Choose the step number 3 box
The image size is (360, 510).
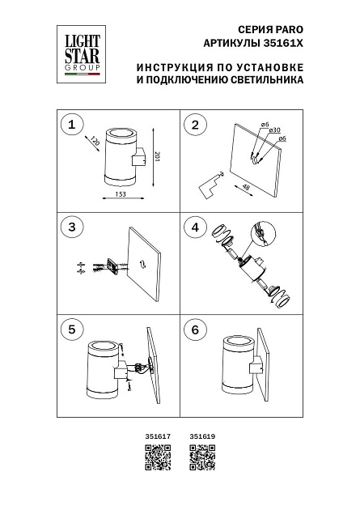pyautogui.click(x=73, y=227)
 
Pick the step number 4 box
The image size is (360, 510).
pyautogui.click(x=194, y=227)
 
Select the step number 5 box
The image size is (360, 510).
pyautogui.click(x=73, y=329)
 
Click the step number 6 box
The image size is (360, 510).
pyautogui.click(x=194, y=329)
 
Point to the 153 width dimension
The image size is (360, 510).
pyautogui.click(x=120, y=194)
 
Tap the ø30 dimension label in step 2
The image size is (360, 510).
pyautogui.click(x=274, y=130)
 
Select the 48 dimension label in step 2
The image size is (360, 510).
pyautogui.click(x=246, y=187)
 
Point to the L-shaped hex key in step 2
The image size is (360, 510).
pyautogui.click(x=208, y=185)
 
